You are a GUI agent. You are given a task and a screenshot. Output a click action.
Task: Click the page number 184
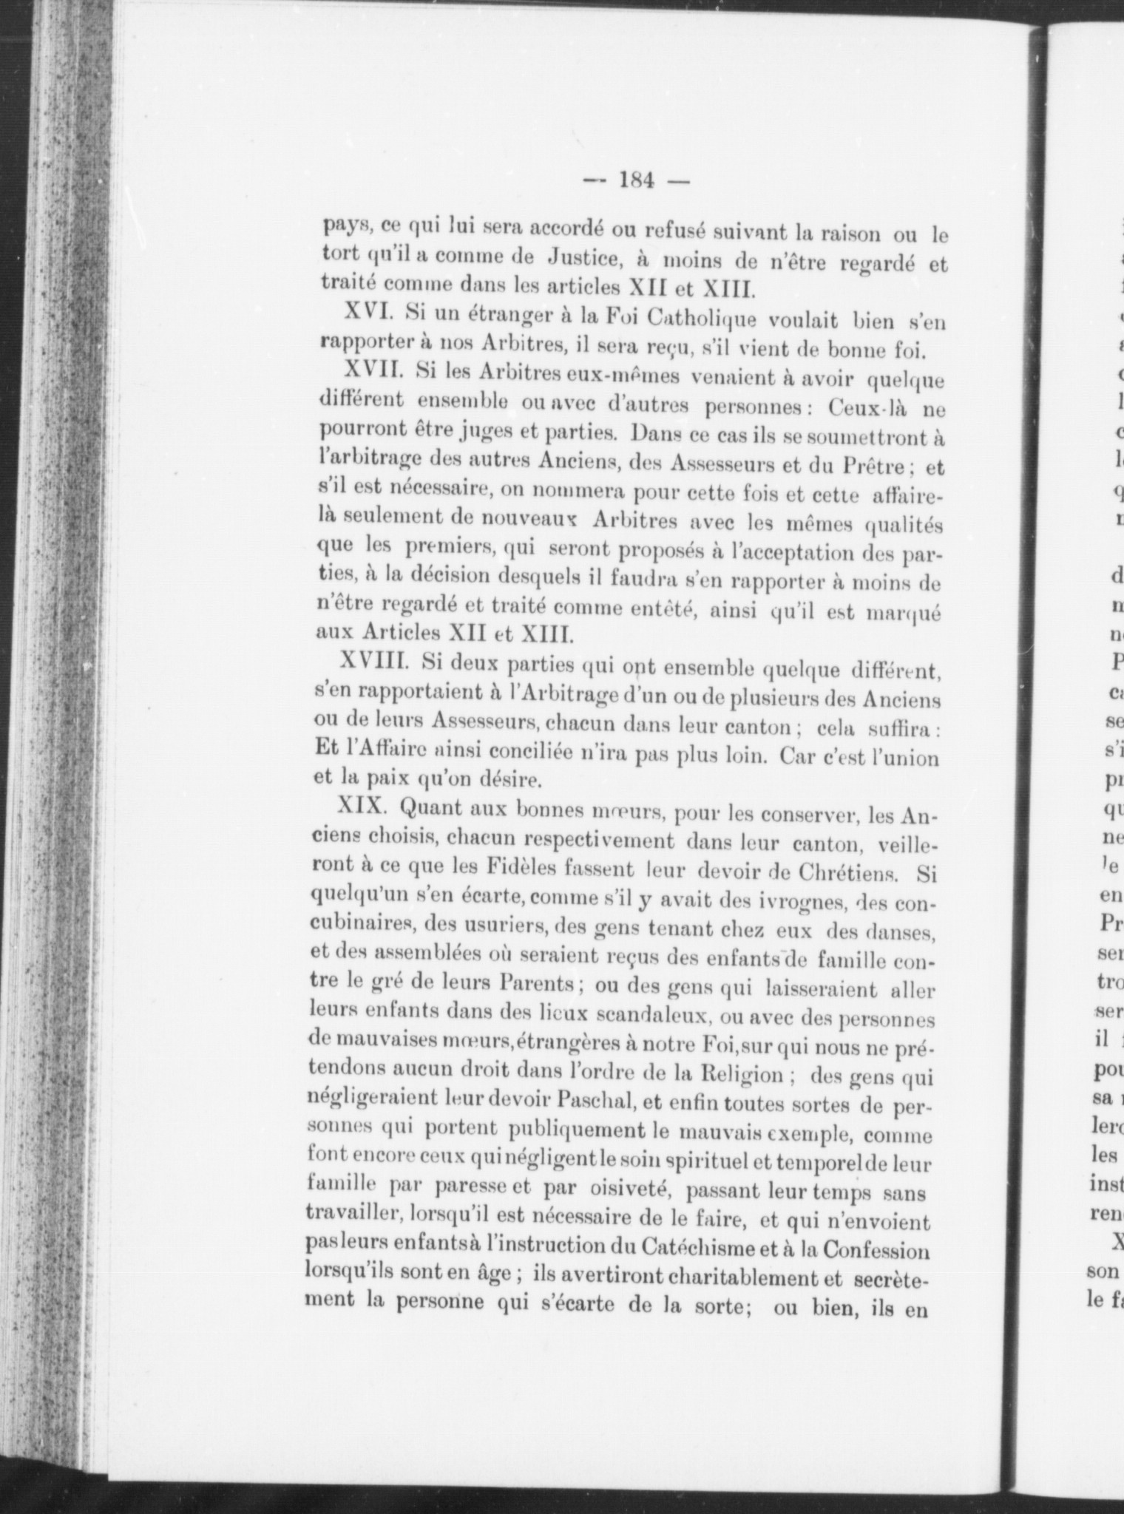(635, 181)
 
